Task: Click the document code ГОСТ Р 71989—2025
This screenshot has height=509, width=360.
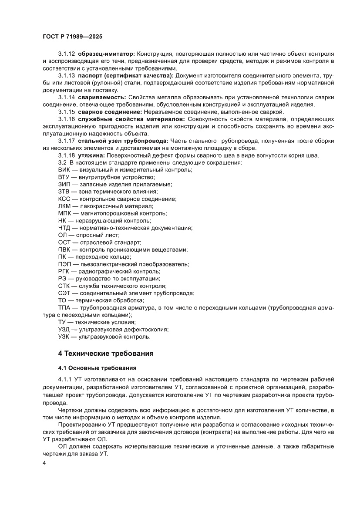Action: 72,37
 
